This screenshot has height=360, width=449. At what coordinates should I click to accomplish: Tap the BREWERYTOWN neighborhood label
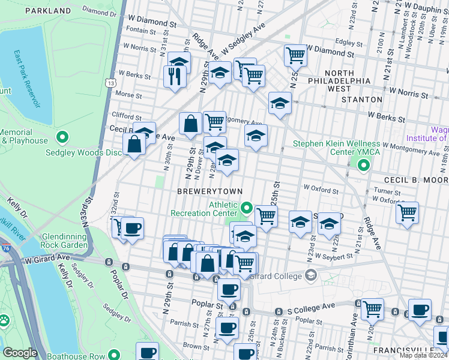tap(209, 191)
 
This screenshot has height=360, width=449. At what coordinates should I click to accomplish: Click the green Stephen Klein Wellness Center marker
tap(363, 165)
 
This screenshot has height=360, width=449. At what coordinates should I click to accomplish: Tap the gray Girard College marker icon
tap(310, 275)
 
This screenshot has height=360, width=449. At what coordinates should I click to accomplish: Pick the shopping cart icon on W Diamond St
tap(295, 56)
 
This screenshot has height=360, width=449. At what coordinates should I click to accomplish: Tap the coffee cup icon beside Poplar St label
tap(228, 290)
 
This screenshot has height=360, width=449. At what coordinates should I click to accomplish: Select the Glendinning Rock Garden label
tap(66, 241)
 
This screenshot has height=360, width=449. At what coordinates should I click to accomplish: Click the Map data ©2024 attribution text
tap(424, 356)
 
